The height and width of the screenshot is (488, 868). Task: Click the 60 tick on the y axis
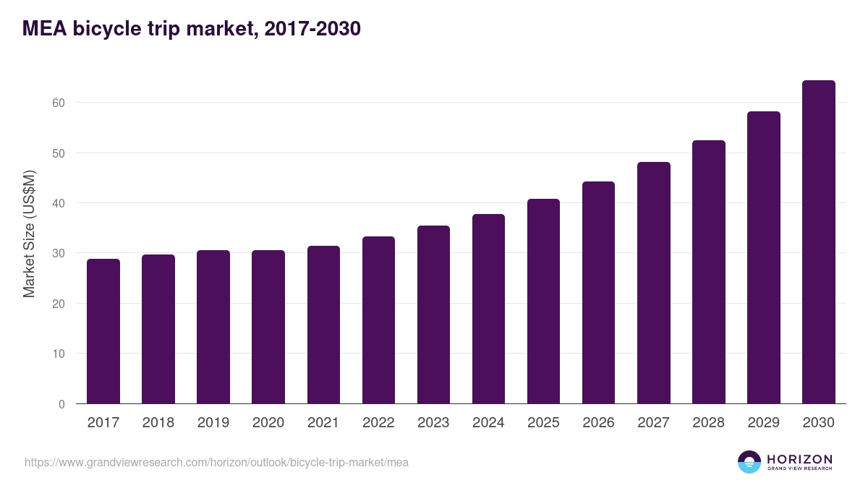59,103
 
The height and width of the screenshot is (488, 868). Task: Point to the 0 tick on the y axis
61,404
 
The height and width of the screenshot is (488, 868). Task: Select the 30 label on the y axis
59,254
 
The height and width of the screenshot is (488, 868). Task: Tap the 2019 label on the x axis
213,423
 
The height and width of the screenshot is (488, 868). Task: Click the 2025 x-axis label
543,423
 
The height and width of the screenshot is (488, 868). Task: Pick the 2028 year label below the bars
708,423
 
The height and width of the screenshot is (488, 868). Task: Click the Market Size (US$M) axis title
29,234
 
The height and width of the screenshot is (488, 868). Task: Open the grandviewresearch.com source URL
216,462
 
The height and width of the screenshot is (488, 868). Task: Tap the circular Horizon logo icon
749,462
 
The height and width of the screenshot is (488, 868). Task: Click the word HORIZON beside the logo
799,458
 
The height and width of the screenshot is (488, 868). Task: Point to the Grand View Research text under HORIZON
799,469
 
